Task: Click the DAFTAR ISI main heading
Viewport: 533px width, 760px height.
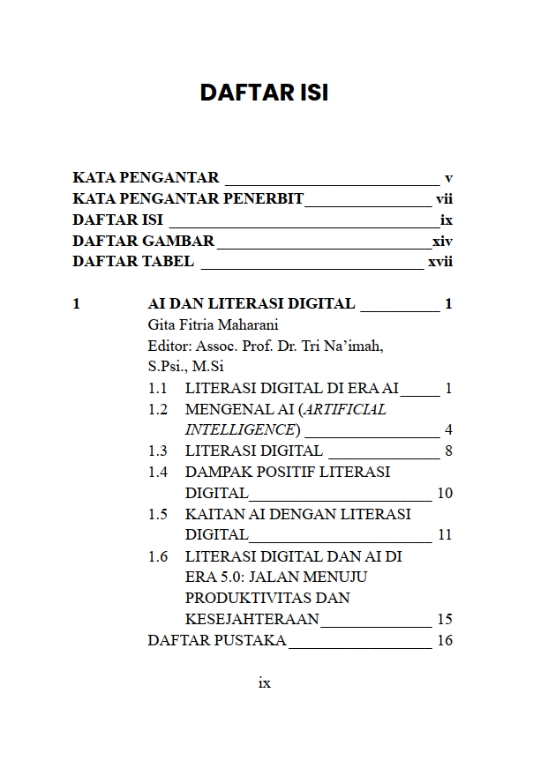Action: [x=264, y=93]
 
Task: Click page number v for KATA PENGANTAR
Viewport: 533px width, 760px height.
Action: [x=448, y=177]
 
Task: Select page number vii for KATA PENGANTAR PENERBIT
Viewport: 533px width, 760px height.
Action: [x=444, y=198]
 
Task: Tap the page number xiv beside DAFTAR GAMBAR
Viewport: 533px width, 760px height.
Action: [x=442, y=241]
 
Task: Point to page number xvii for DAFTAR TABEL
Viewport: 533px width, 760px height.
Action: [x=440, y=262]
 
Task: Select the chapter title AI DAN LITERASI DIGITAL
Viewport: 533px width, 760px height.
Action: [x=251, y=304]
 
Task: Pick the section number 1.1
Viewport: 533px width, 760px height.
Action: [x=158, y=388]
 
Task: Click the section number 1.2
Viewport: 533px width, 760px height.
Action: [x=158, y=409]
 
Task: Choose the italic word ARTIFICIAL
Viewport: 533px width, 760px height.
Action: [x=345, y=409]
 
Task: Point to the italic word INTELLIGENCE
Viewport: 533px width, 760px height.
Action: [x=239, y=430]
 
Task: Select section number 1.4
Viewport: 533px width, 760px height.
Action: [x=158, y=472]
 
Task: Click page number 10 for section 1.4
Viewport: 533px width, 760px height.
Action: [x=445, y=493]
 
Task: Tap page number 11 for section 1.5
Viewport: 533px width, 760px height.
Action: [x=445, y=535]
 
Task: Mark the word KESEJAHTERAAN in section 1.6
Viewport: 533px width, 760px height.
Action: [x=251, y=620]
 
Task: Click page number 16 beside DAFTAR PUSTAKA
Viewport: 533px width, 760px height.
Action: [x=445, y=641]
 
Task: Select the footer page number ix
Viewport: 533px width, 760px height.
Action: [x=264, y=683]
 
